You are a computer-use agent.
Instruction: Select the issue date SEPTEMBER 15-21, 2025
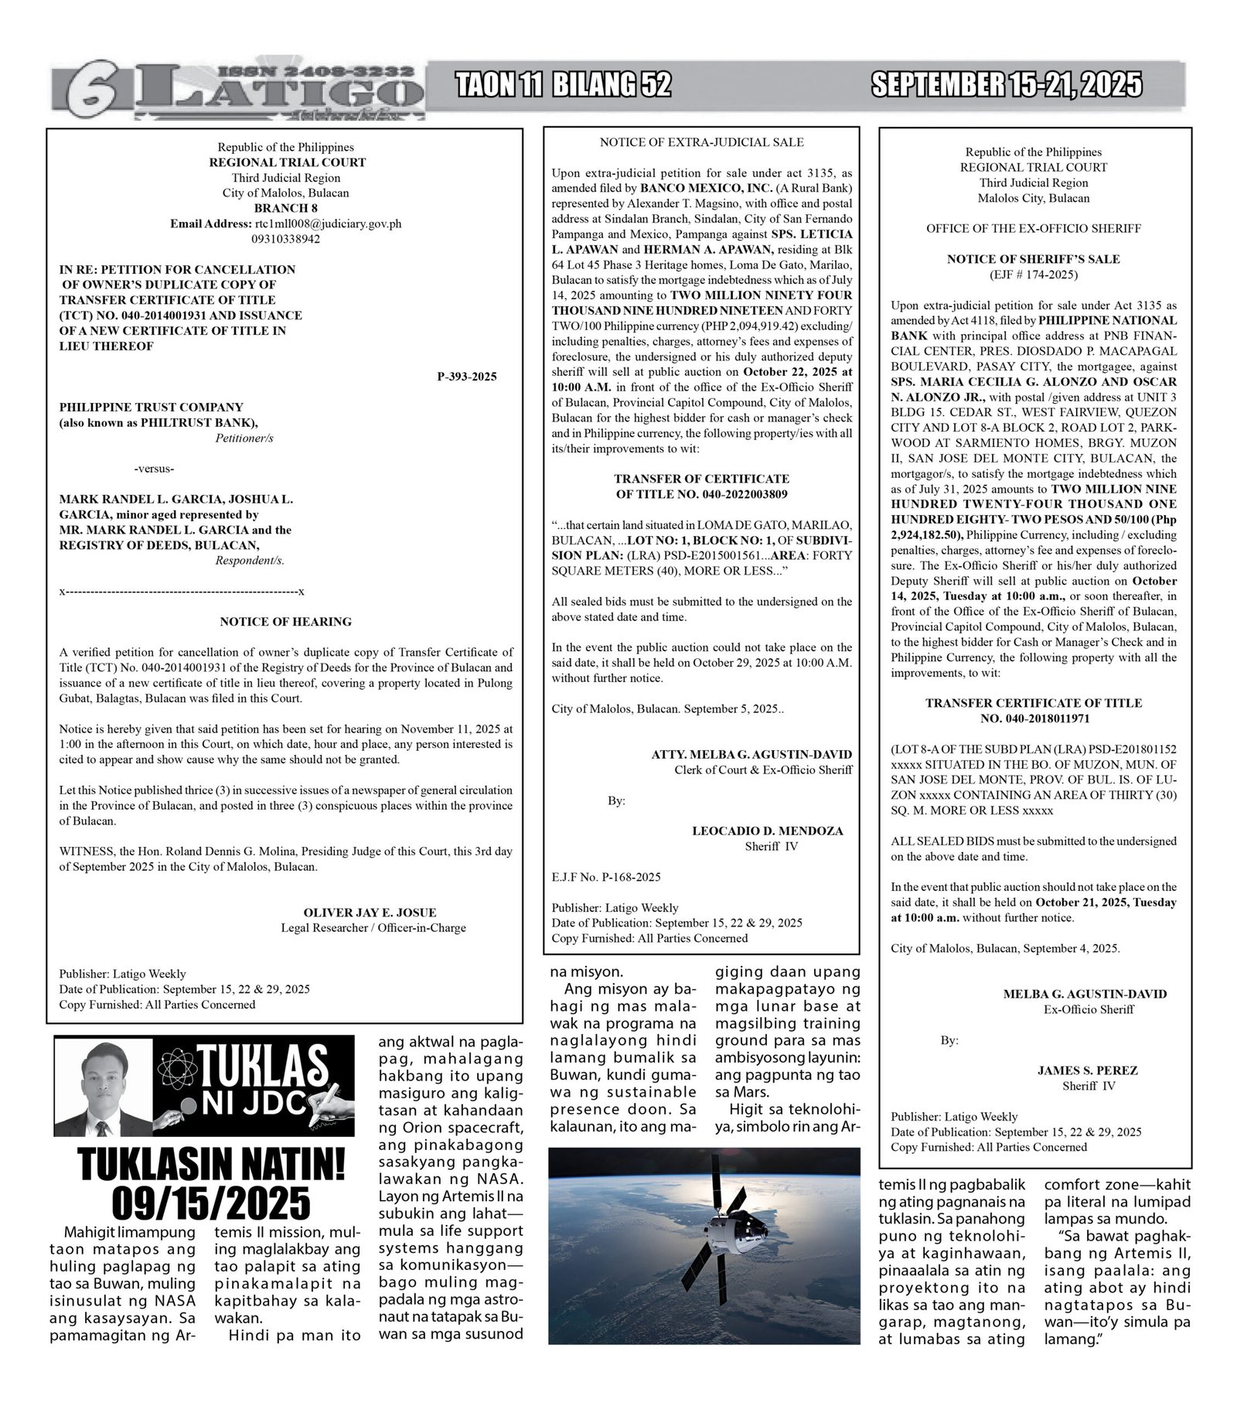pyautogui.click(x=1006, y=84)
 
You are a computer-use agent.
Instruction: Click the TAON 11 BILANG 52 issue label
pyautogui.click(x=563, y=84)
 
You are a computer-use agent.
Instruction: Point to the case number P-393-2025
pyautogui.click(x=466, y=377)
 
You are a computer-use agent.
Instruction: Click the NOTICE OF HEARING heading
pyautogui.click(x=285, y=621)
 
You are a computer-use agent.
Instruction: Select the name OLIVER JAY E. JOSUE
pyautogui.click(x=370, y=913)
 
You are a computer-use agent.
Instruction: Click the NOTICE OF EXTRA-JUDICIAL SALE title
pyautogui.click(x=701, y=142)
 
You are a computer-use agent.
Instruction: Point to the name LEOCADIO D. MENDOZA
pyautogui.click(x=767, y=831)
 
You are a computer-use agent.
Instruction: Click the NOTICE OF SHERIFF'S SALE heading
pyautogui.click(x=1033, y=259)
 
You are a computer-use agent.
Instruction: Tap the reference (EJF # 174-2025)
pyautogui.click(x=1033, y=275)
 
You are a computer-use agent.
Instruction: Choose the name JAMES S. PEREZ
pyautogui.click(x=1087, y=1070)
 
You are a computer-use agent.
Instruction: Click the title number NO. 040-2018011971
pyautogui.click(x=1034, y=718)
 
